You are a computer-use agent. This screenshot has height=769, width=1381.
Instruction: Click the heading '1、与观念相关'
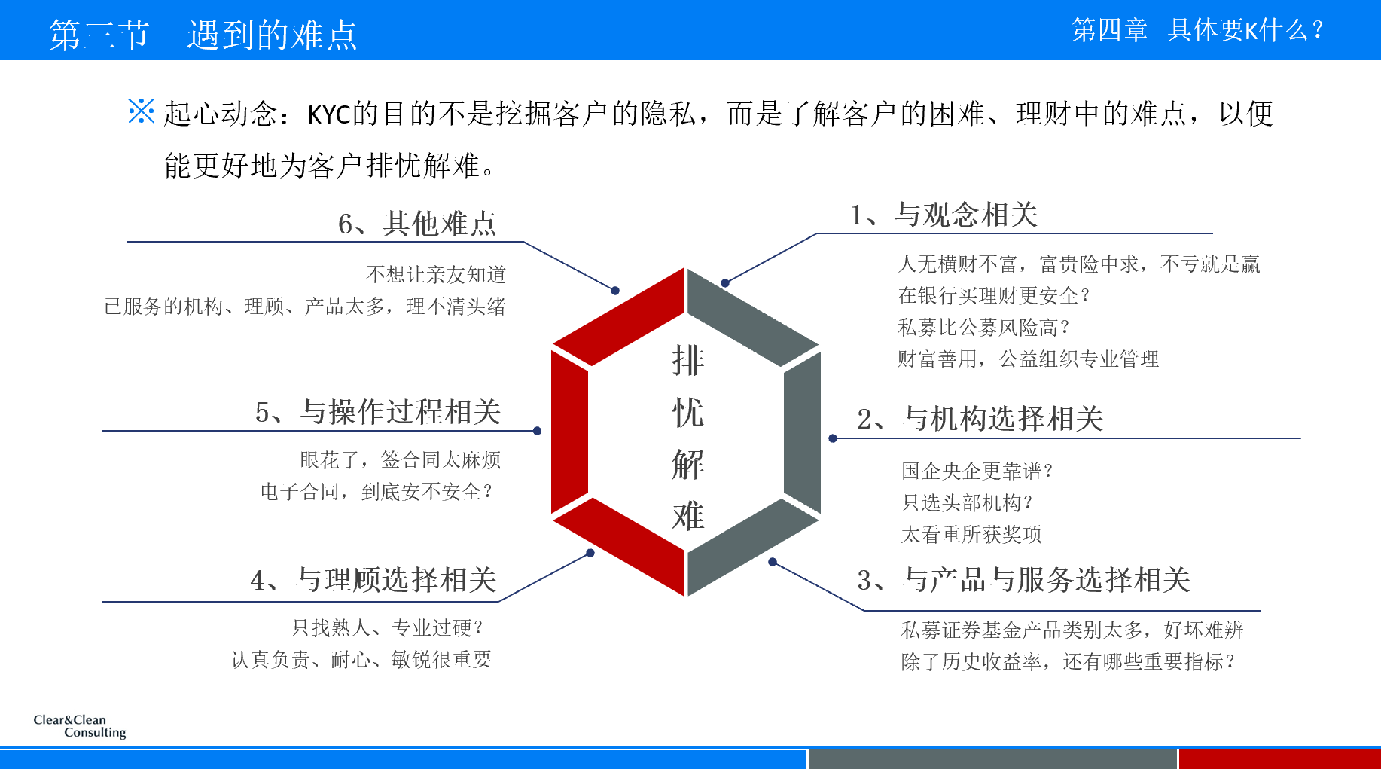944,215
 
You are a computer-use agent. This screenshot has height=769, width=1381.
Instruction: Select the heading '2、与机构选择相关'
980,419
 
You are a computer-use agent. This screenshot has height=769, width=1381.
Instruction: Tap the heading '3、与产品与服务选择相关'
1023,580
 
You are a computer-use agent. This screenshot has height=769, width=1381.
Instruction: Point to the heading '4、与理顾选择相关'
373,580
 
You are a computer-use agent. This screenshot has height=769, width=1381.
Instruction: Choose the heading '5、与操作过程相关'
378,412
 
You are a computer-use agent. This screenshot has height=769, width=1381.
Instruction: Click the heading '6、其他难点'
417,224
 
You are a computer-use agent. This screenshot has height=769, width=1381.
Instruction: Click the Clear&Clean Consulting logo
80,726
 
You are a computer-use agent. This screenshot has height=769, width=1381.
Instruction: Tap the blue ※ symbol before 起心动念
141,111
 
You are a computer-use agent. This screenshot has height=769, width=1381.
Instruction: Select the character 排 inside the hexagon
687,361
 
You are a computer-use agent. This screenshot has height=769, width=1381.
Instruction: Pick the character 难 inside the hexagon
687,517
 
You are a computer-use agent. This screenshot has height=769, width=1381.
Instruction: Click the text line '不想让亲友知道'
436,275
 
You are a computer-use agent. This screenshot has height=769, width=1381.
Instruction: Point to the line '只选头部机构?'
967,503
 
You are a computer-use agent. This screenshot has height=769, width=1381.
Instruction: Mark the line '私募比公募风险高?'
983,328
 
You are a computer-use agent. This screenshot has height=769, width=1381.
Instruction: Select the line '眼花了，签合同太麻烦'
401,460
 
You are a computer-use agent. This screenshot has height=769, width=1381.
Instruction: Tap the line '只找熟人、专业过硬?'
388,628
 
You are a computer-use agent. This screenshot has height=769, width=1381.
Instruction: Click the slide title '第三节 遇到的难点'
203,35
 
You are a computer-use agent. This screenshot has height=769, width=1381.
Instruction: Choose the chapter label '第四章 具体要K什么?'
1197,30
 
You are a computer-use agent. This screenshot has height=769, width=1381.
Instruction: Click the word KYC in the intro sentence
329,114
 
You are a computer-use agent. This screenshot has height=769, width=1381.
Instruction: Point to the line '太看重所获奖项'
971,535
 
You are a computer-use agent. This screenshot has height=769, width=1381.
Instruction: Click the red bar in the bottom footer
1279,759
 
